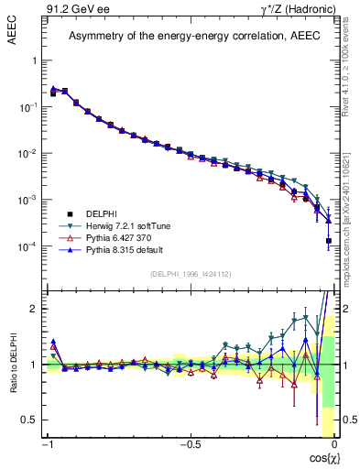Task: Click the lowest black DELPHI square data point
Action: click(328, 241)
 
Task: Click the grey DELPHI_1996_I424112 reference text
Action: click(190, 273)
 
